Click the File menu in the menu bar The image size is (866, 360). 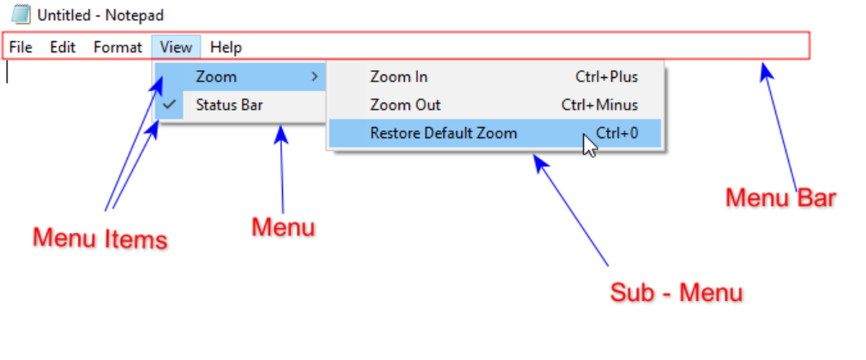click(x=21, y=48)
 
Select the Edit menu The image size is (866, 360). click(x=63, y=48)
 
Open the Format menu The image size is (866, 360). click(x=118, y=48)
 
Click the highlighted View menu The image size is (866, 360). click(x=176, y=48)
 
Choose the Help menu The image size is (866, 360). click(x=226, y=48)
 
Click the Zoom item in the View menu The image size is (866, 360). click(x=216, y=76)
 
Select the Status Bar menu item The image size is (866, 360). click(x=229, y=105)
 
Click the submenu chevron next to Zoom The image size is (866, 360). click(x=315, y=76)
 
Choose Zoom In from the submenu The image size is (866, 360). click(x=398, y=76)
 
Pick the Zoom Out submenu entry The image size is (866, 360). click(x=405, y=105)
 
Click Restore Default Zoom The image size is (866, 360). click(x=443, y=133)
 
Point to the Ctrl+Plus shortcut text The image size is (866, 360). click(x=606, y=76)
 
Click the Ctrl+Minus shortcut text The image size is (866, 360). click(x=600, y=105)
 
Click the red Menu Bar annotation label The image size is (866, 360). click(x=780, y=198)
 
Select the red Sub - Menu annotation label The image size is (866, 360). click(x=676, y=293)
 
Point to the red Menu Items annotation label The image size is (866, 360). click(x=100, y=239)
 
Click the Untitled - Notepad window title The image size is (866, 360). click(x=100, y=15)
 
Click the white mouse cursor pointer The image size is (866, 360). click(x=590, y=144)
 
